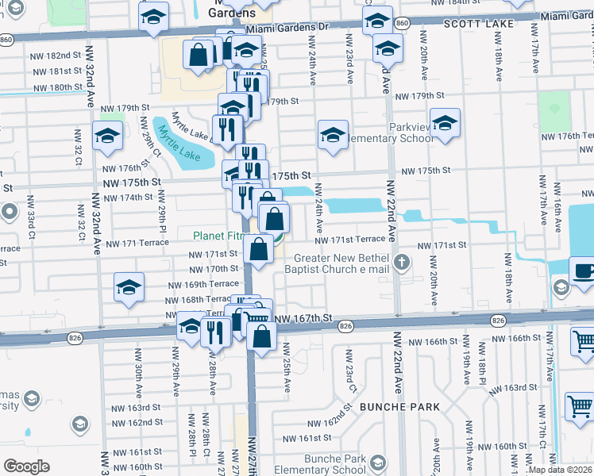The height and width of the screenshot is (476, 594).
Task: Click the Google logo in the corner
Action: [x=27, y=466]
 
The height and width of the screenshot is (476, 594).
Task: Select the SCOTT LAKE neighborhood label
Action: [x=473, y=25]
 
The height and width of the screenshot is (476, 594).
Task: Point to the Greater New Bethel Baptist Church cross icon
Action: [x=403, y=262]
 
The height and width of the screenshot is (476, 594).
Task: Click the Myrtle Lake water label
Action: [x=183, y=141]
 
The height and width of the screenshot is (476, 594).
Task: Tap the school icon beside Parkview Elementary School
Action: [x=445, y=125]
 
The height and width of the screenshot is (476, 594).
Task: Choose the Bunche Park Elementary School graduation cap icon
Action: [x=379, y=463]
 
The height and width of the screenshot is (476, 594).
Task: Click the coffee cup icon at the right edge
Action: [x=583, y=271]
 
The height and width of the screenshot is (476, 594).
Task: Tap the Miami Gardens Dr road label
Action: [x=287, y=27]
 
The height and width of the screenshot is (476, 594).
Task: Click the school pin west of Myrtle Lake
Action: [x=107, y=136]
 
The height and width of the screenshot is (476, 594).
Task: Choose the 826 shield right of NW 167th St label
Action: [x=345, y=326]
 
